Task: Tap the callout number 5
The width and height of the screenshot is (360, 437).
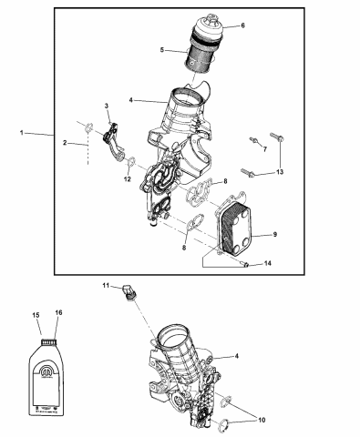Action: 162,49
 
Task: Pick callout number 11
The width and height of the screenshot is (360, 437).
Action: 105,287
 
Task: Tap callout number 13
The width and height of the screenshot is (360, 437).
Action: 281,172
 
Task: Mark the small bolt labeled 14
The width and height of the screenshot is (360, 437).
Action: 246,265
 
